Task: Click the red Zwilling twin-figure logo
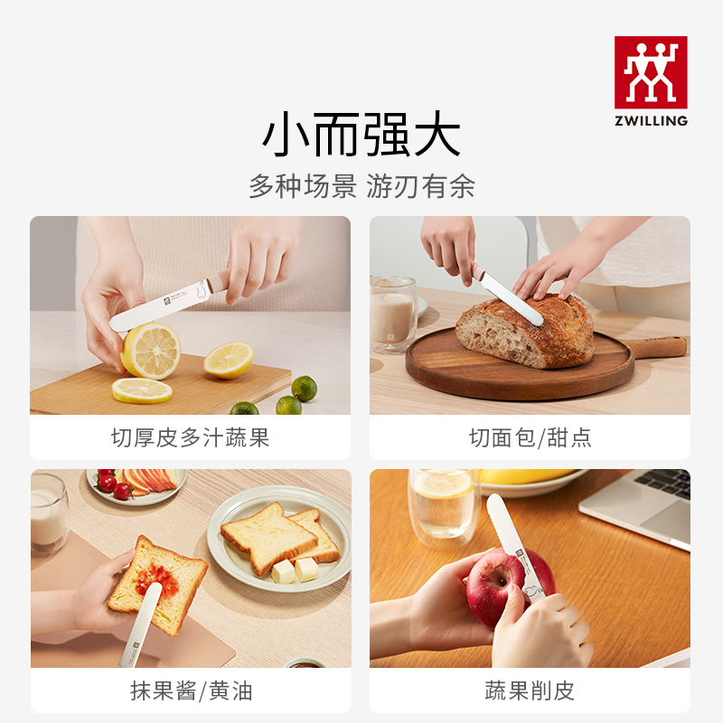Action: click(x=651, y=72)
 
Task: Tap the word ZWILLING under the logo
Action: click(x=651, y=120)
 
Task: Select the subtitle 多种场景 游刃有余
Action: click(x=361, y=187)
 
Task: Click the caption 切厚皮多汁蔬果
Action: click(x=190, y=439)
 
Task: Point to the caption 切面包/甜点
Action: click(x=530, y=439)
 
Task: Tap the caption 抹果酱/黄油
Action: click(x=190, y=692)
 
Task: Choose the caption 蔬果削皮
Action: click(x=530, y=692)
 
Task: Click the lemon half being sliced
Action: click(x=150, y=350)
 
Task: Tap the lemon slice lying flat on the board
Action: click(x=142, y=390)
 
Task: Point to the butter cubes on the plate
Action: click(x=296, y=569)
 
